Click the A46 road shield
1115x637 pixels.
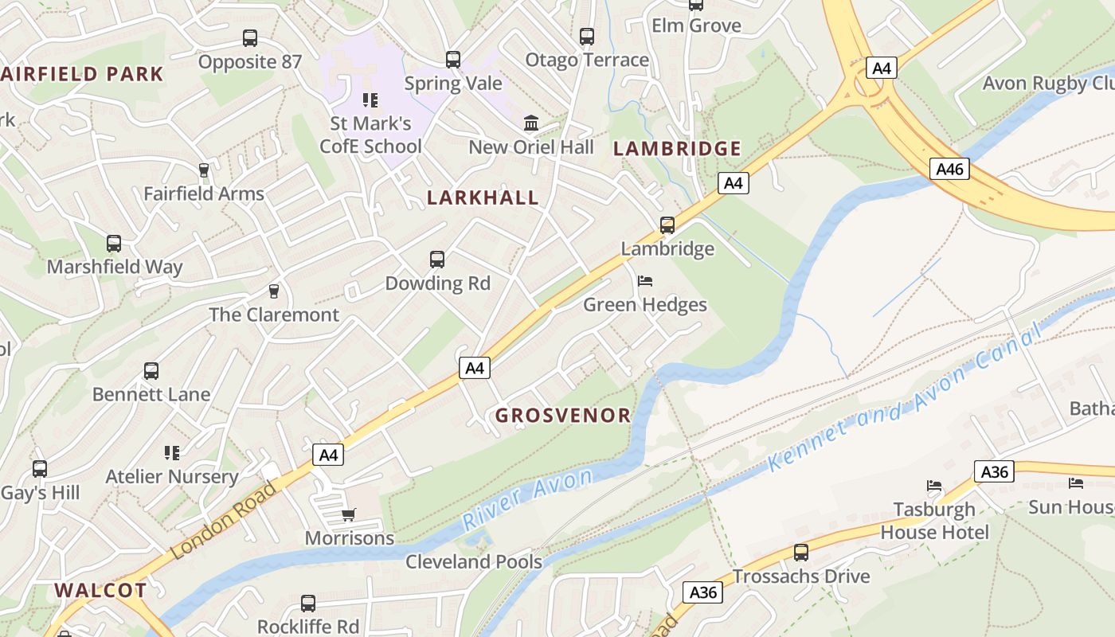click(949, 169)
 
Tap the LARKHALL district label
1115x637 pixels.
click(483, 197)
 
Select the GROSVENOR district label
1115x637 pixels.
click(563, 415)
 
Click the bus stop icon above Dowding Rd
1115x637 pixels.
click(437, 260)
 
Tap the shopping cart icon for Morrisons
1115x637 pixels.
click(348, 515)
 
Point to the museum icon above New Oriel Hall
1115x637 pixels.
click(531, 123)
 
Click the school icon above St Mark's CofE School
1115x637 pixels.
click(370, 100)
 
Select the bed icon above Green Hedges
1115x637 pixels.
click(645, 281)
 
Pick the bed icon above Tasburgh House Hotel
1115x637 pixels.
click(934, 486)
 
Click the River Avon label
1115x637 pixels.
click(527, 499)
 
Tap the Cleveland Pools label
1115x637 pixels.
click(474, 561)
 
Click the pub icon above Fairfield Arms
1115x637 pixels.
click(203, 170)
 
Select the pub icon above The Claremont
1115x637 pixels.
click(274, 291)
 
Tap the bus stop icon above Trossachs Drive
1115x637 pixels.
click(800, 553)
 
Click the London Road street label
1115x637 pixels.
click(224, 519)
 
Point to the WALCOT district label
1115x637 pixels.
click(100, 590)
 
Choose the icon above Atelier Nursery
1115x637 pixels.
click(172, 453)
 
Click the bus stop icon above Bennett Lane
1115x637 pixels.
click(151, 371)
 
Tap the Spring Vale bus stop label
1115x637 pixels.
click(453, 83)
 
